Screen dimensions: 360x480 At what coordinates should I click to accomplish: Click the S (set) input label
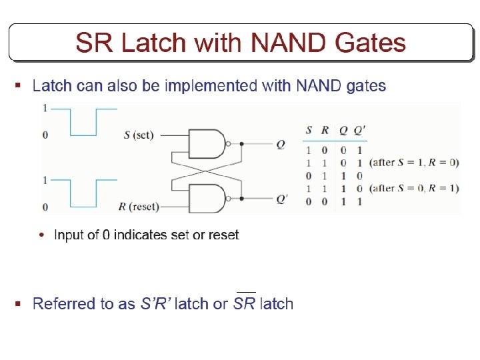click(x=139, y=135)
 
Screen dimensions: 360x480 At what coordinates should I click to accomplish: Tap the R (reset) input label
click(x=138, y=207)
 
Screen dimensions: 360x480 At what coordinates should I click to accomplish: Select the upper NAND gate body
click(x=206, y=143)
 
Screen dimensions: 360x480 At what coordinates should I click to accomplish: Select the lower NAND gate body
click(x=206, y=198)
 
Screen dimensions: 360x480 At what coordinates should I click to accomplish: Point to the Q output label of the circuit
click(x=282, y=143)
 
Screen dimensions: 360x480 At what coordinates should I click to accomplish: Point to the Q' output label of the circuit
click(x=283, y=199)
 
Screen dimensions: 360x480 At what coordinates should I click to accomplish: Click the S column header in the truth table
click(x=309, y=131)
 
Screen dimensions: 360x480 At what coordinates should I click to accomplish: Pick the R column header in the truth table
click(x=325, y=131)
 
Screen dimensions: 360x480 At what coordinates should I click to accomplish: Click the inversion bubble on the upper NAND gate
click(x=229, y=143)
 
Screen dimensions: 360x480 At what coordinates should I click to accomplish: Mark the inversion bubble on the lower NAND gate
click(x=229, y=198)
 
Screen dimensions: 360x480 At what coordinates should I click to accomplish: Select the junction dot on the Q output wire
click(x=241, y=143)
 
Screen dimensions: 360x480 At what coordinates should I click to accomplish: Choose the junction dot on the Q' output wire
click(x=241, y=198)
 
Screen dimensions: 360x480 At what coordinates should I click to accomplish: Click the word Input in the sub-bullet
click(x=68, y=235)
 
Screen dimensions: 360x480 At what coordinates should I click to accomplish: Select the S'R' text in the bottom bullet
click(x=155, y=304)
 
